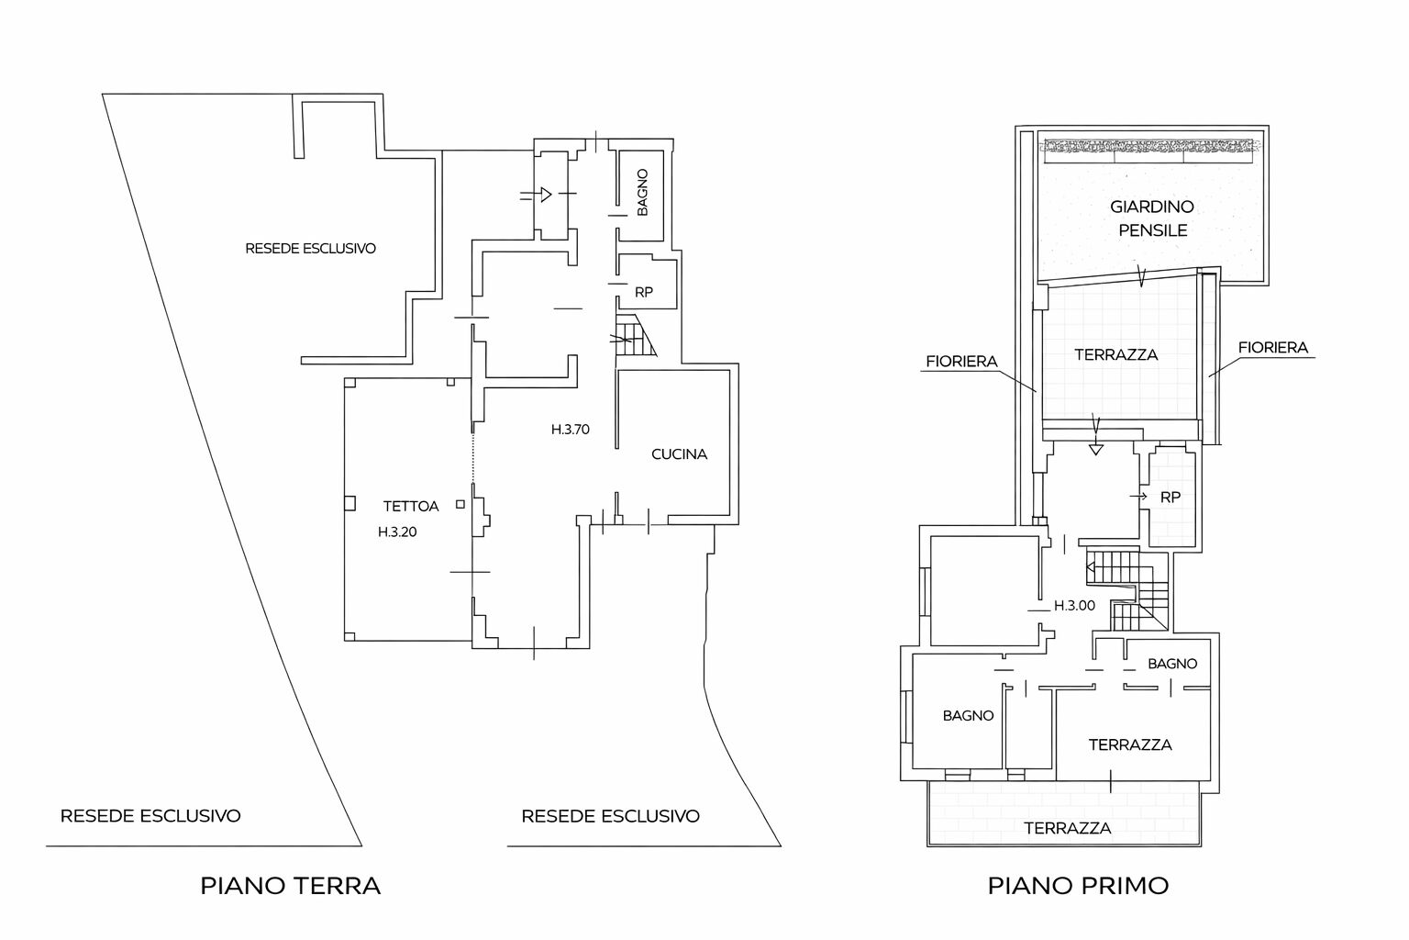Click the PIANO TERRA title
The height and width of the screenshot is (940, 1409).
[x=290, y=886]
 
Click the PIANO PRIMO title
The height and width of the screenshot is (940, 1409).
[x=1078, y=886]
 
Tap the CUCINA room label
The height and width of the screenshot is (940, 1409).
[x=679, y=453]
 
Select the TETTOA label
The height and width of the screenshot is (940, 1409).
[x=410, y=506]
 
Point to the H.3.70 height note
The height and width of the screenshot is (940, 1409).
[x=570, y=429]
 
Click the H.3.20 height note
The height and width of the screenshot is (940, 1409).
[x=397, y=532]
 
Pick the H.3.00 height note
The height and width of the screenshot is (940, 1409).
[x=1073, y=606]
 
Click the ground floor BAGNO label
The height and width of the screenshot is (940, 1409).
[x=642, y=192]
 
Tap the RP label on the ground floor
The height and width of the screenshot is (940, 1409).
[x=644, y=292]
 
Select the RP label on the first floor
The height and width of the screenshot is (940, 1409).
[x=1170, y=497]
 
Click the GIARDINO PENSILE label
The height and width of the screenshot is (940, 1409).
[x=1152, y=218]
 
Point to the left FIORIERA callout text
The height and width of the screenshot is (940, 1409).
[x=961, y=362]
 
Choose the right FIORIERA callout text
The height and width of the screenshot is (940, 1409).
[x=1272, y=348]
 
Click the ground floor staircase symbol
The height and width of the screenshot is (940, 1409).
[x=635, y=336]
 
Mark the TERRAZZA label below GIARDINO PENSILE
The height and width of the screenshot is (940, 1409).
[x=1115, y=354]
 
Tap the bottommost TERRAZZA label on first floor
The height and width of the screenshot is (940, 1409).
[x=1068, y=828]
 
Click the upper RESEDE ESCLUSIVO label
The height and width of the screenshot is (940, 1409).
[x=310, y=248]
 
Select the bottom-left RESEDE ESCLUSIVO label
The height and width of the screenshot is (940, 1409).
[x=150, y=815]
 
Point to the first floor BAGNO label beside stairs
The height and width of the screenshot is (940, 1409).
[x=1171, y=663]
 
